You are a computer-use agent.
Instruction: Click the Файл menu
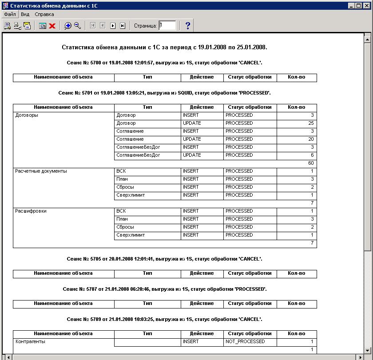pyautogui.click(x=9, y=14)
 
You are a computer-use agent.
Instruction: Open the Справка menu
pyautogui.click(x=44, y=14)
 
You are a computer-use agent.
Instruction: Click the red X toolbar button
pyautogui.click(x=52, y=26)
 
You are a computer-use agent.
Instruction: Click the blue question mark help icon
pyautogui.click(x=187, y=26)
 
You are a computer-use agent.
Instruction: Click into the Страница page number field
pyautogui.click(x=167, y=26)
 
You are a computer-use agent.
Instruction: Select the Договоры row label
pyautogui.click(x=27, y=115)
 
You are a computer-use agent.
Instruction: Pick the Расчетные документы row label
pyautogui.click(x=41, y=171)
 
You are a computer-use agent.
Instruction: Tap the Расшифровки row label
pyautogui.click(x=31, y=211)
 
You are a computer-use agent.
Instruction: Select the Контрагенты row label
pyautogui.click(x=30, y=342)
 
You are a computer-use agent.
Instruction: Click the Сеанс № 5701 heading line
pyautogui.click(x=164, y=93)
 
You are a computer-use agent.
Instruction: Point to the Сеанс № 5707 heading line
pyautogui.click(x=164, y=289)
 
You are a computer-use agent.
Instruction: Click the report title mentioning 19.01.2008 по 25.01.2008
pyautogui.click(x=164, y=47)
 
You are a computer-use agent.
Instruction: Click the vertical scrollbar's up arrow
pyautogui.click(x=367, y=40)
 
